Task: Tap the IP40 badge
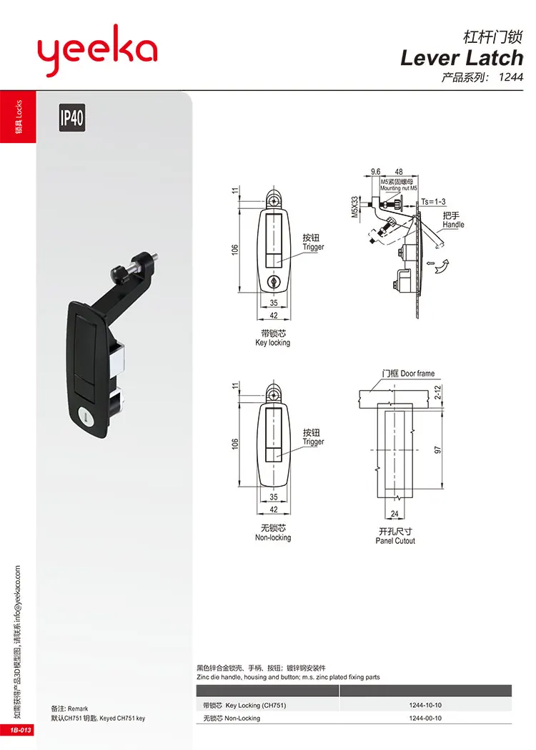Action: coord(71,118)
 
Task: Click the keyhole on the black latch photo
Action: coord(83,415)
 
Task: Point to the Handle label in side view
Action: coord(453,225)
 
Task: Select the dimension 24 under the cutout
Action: coord(396,513)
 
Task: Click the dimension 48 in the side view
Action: coord(399,172)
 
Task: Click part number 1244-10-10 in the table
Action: coord(425,705)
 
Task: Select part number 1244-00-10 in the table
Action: coord(425,719)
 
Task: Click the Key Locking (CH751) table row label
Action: coord(245,705)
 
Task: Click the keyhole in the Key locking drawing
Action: coord(274,283)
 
